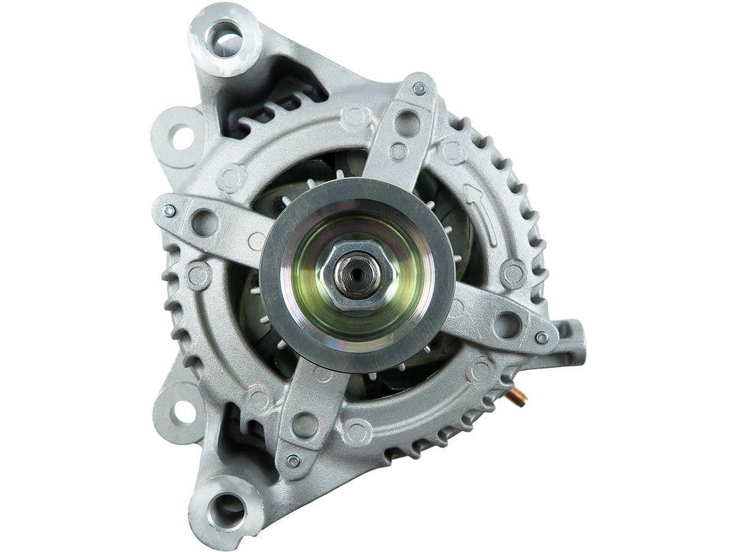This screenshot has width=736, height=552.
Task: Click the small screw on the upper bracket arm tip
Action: tap(419, 89)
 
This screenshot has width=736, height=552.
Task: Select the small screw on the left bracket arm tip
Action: tap(169, 211)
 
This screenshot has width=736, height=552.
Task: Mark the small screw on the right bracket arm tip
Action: tap(542, 337)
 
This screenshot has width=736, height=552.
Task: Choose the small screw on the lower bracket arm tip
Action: tap(293, 461)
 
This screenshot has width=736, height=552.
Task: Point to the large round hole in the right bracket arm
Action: tap(506, 325)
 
